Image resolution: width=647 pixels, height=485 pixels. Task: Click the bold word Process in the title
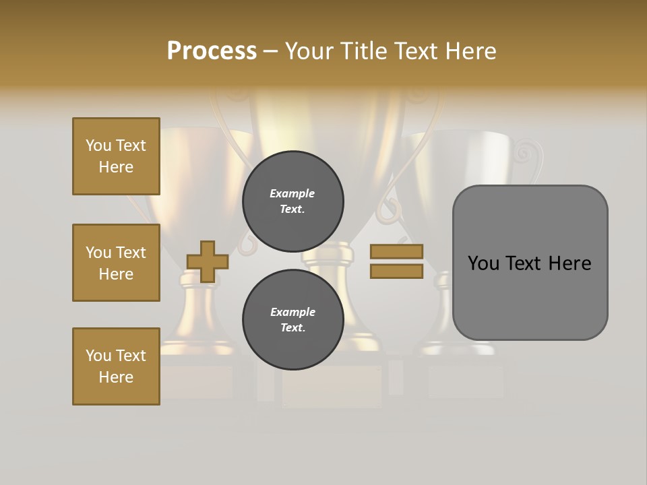[212, 51]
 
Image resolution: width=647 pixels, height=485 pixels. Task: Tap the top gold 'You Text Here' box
[116, 156]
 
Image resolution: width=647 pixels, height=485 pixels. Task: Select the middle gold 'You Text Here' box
[116, 263]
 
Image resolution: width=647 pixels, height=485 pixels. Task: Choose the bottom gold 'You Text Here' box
[116, 366]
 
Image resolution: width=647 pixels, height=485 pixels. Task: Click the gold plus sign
[208, 261]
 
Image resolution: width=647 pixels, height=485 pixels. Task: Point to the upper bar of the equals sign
[397, 252]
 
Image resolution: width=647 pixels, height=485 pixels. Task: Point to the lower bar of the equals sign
[397, 271]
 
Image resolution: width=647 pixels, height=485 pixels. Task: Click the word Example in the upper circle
[292, 194]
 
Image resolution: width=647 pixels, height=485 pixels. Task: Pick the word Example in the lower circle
[292, 312]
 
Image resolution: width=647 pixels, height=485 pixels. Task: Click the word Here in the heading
[471, 51]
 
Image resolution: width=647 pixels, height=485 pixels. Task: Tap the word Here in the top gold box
[116, 167]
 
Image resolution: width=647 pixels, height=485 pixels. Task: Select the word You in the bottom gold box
[98, 356]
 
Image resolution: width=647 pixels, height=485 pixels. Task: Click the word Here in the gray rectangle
[570, 263]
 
